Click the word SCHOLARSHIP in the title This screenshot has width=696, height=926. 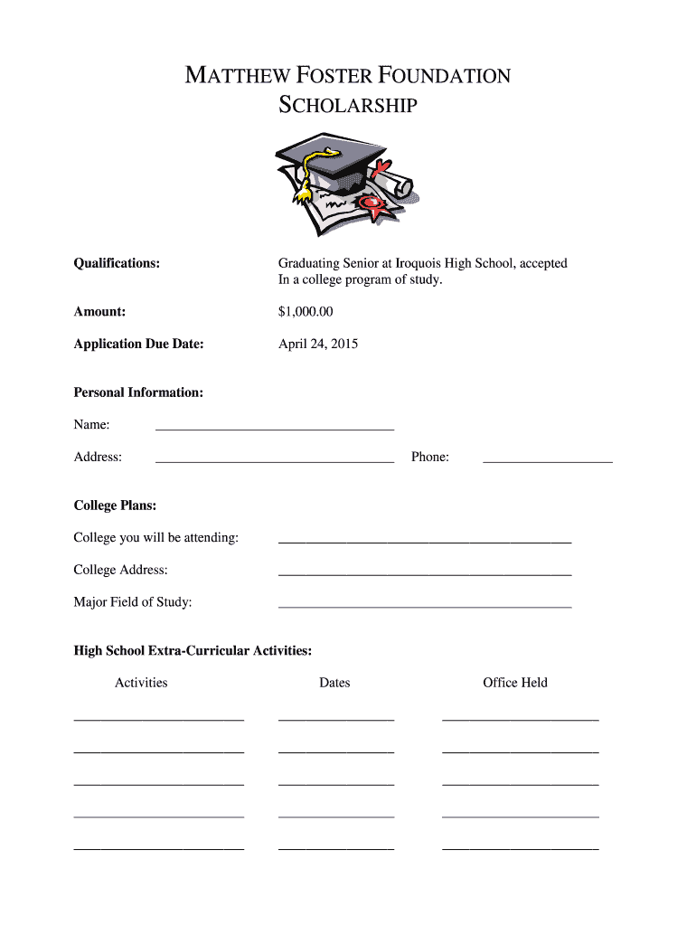[x=348, y=107]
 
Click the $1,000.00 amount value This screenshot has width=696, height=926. [x=306, y=312]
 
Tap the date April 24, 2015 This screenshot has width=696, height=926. [x=318, y=344]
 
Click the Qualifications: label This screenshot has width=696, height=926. [x=117, y=263]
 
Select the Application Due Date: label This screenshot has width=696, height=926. [x=138, y=344]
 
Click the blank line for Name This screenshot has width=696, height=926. [x=275, y=428]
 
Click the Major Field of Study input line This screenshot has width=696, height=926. [x=425, y=605]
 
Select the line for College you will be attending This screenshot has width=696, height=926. [x=425, y=541]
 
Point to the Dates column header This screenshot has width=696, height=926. [x=334, y=683]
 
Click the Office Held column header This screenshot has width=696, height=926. [x=515, y=683]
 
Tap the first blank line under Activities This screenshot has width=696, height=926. [x=158, y=719]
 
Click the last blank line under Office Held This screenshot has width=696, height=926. [x=520, y=849]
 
